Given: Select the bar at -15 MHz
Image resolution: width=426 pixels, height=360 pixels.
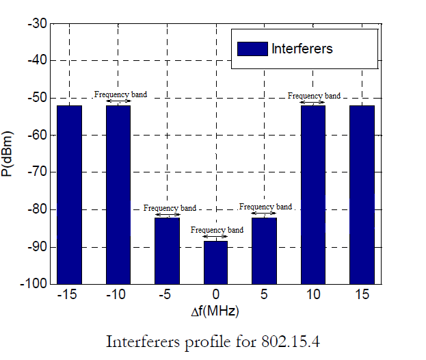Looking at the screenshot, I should point(69,194).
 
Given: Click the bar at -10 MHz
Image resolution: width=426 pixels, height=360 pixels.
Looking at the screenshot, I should point(118,194).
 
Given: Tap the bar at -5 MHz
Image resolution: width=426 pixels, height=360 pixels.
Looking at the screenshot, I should point(167,250).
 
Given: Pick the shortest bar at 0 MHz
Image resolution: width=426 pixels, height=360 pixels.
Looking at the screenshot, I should point(215,262).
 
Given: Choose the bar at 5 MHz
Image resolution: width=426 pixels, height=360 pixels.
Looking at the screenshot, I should point(265,250).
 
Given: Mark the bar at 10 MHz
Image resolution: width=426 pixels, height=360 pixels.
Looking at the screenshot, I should point(313,194).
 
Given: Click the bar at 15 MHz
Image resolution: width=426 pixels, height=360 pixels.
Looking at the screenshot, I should point(362,194).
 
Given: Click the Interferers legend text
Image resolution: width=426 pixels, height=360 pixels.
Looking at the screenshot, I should point(302,49).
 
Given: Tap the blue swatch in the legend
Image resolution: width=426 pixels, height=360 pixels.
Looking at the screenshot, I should point(252,49).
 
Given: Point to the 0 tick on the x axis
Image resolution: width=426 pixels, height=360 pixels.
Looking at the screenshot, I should point(215,295).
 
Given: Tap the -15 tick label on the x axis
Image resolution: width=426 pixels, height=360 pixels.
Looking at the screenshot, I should point(68,295).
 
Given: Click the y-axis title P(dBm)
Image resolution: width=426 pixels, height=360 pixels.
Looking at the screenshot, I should point(9,153).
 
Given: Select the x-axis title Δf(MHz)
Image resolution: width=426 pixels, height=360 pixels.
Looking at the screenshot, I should point(215,312).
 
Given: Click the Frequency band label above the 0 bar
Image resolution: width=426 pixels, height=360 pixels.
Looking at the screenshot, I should point(216,230).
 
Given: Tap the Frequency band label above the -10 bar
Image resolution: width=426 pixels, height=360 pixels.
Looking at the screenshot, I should point(120,94).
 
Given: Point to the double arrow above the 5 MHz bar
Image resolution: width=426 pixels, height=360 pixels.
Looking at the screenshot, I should point(265,214).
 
